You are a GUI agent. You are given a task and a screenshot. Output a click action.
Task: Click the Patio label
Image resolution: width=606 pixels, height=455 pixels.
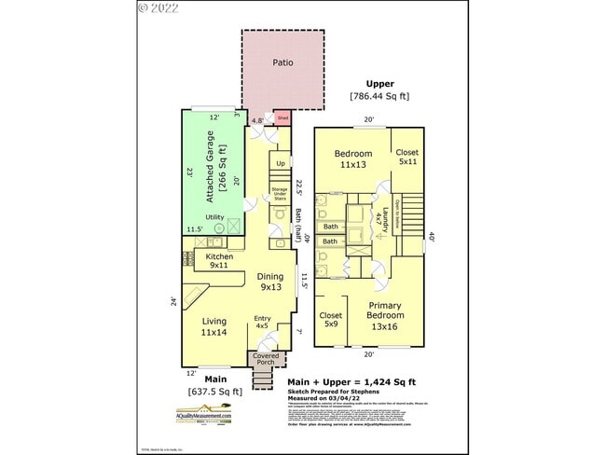click(282, 63)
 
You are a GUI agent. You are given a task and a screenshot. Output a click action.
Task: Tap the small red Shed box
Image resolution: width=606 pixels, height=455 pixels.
click(282, 118)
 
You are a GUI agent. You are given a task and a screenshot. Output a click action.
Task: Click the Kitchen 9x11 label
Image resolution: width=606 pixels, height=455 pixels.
click(219, 261)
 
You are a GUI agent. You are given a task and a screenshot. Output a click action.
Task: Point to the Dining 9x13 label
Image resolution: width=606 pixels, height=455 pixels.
click(270, 282)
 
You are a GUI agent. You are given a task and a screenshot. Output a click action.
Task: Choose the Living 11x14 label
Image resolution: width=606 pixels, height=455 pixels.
click(215, 325)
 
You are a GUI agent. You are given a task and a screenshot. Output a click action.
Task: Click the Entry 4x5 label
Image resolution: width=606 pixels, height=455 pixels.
click(263, 323)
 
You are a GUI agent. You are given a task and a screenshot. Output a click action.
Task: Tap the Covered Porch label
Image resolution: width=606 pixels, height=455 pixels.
click(268, 359)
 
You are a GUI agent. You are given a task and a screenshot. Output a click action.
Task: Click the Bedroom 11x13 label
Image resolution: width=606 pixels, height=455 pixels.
click(353, 159)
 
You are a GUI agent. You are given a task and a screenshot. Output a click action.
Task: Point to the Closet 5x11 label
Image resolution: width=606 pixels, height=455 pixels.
click(406, 157)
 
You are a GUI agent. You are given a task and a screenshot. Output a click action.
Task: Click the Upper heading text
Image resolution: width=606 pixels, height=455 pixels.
click(379, 83)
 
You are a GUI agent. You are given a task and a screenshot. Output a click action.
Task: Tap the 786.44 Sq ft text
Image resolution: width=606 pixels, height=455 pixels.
click(379, 96)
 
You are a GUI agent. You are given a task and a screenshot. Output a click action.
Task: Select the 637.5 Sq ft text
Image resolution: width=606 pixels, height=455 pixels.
click(215, 392)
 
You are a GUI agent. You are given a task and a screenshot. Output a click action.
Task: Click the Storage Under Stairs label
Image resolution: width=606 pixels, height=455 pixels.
click(280, 194)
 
